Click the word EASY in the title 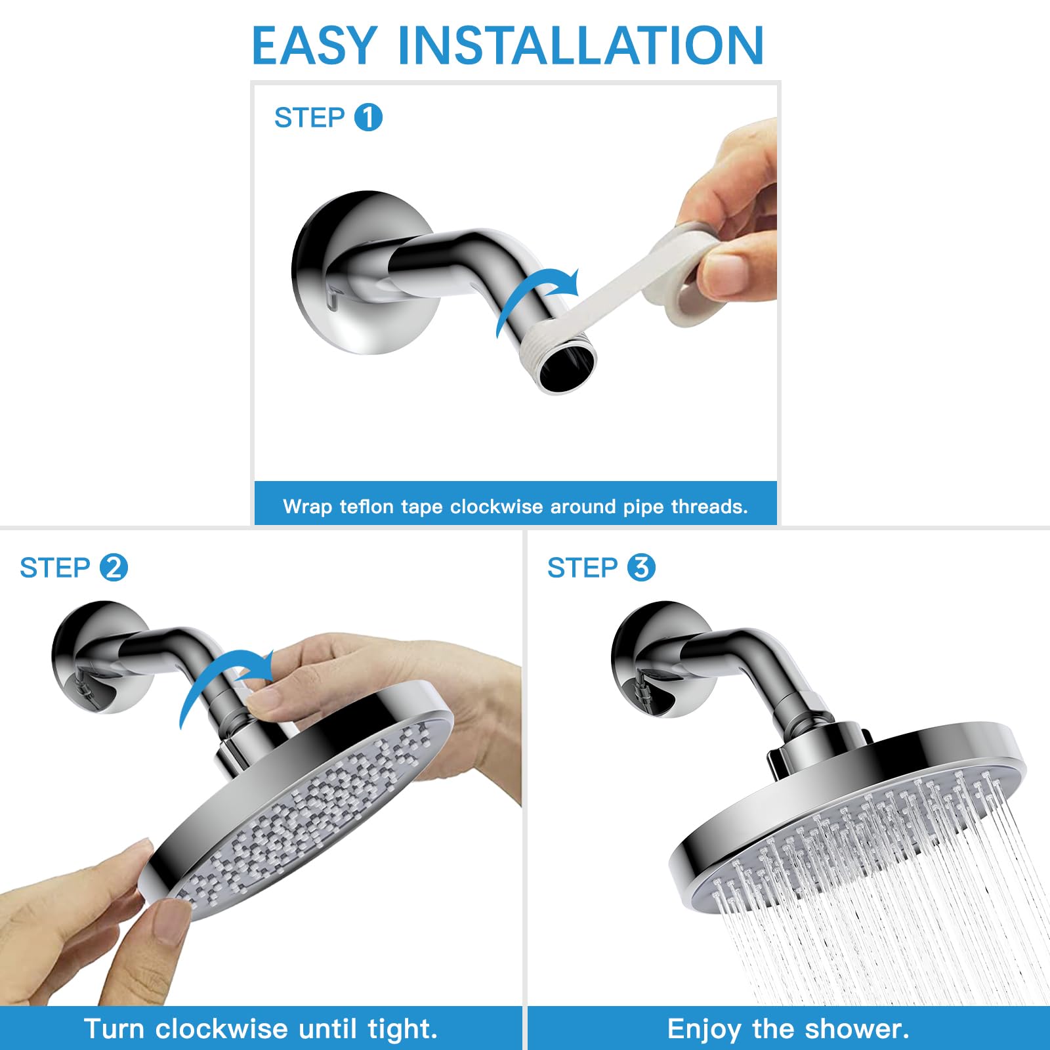314,45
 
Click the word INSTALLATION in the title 581,45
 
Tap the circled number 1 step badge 368,117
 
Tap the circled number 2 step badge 114,568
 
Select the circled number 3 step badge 641,568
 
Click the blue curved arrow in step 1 525,289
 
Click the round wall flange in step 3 656,660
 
